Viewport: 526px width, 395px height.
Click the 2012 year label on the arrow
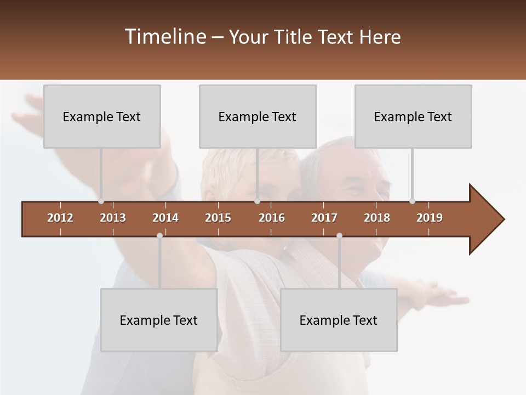click(60, 218)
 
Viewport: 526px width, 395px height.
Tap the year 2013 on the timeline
click(113, 218)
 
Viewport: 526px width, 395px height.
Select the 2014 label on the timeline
click(165, 218)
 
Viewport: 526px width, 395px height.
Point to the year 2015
click(218, 218)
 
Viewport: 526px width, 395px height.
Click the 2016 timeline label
click(272, 218)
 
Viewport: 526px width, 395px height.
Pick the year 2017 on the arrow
click(324, 218)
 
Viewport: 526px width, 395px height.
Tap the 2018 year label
click(377, 218)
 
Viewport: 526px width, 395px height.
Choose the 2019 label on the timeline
click(430, 218)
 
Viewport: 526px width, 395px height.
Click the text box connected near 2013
click(102, 116)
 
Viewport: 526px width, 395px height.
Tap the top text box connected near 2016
click(258, 116)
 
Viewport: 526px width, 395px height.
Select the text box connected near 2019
click(413, 116)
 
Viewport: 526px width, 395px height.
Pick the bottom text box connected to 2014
click(159, 320)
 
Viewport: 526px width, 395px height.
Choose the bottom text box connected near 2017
click(339, 320)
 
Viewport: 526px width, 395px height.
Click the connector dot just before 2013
click(101, 201)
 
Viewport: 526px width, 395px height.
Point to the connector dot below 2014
click(159, 236)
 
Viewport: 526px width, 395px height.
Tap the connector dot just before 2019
click(412, 201)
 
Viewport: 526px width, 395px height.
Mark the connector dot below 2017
click(339, 236)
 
